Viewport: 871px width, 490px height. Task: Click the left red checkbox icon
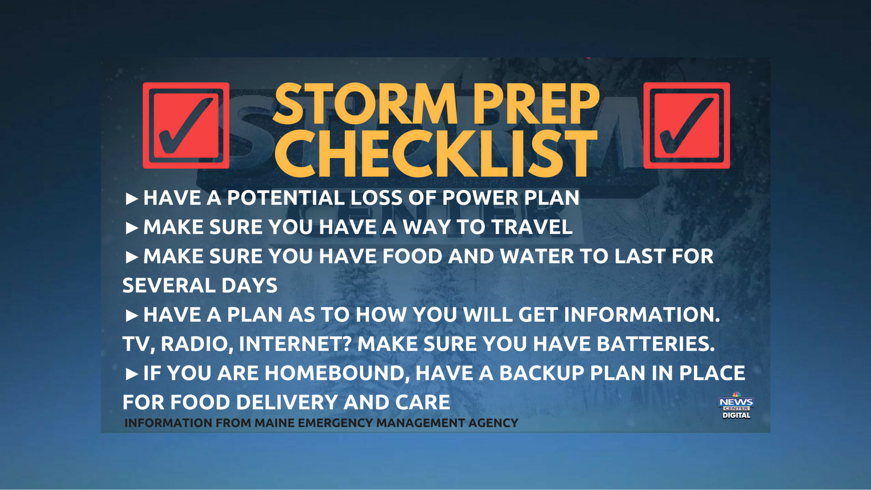tap(186, 125)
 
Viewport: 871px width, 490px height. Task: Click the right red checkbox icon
tap(686, 125)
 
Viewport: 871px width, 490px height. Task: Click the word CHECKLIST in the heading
tap(435, 153)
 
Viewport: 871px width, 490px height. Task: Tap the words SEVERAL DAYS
tap(200, 286)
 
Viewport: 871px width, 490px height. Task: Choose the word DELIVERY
tap(287, 402)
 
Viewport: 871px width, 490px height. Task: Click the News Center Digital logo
tap(736, 405)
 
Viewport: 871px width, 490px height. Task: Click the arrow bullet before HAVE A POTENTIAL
tap(132, 199)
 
